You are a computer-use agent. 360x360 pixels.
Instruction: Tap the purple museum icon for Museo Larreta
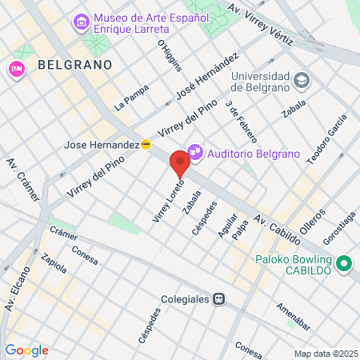point(81,21)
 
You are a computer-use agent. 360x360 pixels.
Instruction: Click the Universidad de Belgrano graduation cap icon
point(301,80)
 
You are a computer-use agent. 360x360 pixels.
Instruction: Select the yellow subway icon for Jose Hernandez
point(146,145)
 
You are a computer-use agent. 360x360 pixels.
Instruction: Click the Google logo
point(26,350)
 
